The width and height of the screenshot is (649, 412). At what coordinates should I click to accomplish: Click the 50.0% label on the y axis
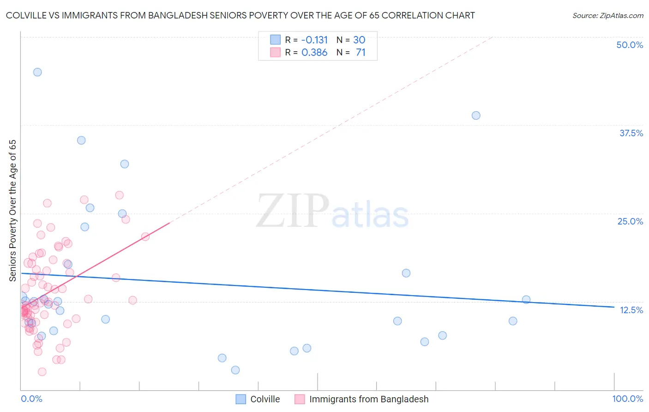[x=630, y=45]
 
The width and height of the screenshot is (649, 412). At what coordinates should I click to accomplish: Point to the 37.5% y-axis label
[x=631, y=133]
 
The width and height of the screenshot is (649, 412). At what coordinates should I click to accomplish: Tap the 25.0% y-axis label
[x=630, y=221]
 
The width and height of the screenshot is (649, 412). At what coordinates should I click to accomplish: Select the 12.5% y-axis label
[x=631, y=310]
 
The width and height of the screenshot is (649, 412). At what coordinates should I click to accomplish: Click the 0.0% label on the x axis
[x=31, y=399]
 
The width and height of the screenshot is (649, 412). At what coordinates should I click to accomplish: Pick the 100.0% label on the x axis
[x=627, y=399]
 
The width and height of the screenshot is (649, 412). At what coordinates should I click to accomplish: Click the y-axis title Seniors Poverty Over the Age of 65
[x=12, y=211]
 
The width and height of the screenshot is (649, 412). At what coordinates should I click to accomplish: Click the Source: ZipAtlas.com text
[x=607, y=16]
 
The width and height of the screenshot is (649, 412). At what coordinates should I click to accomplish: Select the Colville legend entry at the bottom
[x=264, y=399]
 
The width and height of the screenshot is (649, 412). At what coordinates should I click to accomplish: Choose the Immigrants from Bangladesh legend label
[x=368, y=399]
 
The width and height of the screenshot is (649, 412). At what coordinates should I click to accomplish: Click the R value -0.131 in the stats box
[x=314, y=40]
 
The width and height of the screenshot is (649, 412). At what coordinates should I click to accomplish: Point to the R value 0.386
[x=314, y=53]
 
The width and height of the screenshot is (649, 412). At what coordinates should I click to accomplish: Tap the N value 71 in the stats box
[x=361, y=53]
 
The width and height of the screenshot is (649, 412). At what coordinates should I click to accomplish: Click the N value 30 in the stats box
[x=359, y=40]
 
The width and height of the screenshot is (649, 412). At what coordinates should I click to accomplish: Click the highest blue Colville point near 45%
[x=37, y=72]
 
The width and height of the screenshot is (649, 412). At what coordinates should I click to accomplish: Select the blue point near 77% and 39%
[x=476, y=115]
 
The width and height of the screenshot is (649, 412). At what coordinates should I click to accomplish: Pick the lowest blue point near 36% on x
[x=235, y=370]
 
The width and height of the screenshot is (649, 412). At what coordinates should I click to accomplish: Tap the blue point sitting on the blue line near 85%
[x=526, y=299]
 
